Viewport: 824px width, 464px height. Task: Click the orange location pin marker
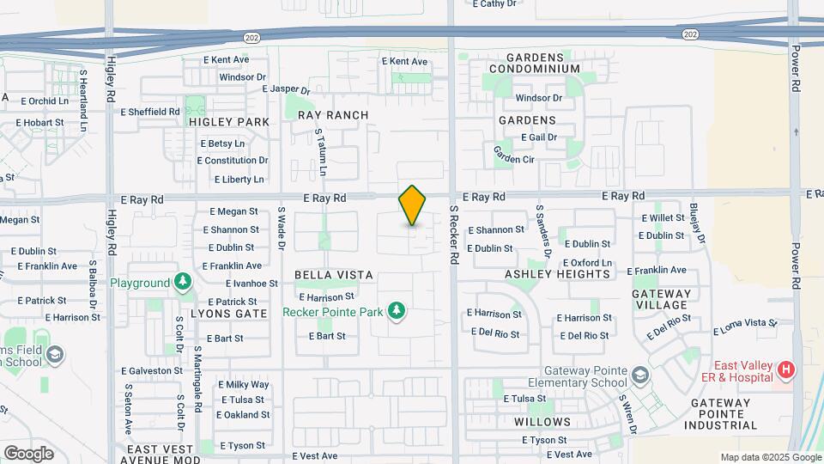[x=412, y=205]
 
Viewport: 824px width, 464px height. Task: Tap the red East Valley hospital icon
[x=785, y=370]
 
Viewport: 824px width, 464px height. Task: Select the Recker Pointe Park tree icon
[x=396, y=309]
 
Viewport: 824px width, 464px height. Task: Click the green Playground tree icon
[x=182, y=282]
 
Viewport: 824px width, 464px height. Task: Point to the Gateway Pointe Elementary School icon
[x=640, y=375]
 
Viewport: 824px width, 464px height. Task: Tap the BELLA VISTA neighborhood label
[x=334, y=275]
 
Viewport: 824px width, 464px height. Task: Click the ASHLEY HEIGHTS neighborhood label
[x=557, y=274]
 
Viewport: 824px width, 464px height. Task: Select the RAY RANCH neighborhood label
[x=333, y=115]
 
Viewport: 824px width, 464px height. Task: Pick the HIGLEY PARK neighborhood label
[x=229, y=122]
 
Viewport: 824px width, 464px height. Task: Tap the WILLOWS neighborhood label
[x=542, y=422]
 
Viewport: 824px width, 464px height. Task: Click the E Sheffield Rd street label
[x=150, y=112]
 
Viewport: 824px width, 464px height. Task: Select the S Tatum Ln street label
[x=320, y=152]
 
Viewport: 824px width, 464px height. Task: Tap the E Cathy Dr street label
[x=494, y=4]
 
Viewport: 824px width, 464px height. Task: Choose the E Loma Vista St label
[x=744, y=327]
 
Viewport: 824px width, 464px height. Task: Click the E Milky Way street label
[x=243, y=384]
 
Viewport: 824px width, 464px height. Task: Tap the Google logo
[x=28, y=453]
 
